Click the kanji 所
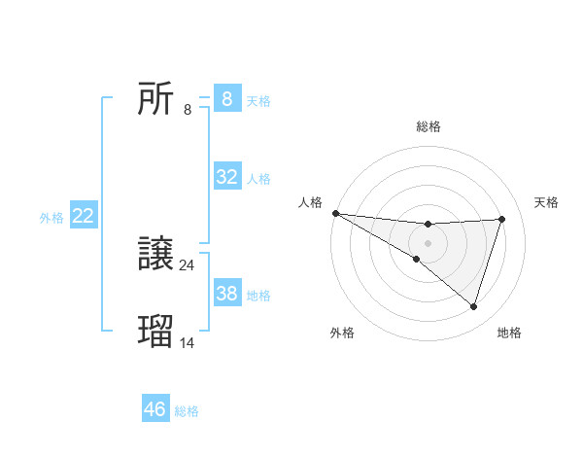(x=155, y=98)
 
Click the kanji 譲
(x=155, y=255)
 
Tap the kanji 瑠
(x=155, y=331)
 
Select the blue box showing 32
(x=227, y=177)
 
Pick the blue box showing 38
(x=227, y=294)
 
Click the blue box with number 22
(x=83, y=217)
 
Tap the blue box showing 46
(x=155, y=409)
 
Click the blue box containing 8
(x=227, y=99)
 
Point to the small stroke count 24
(x=188, y=264)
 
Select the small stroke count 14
(x=188, y=342)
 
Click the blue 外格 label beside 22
(x=51, y=218)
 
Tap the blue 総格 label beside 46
(x=187, y=411)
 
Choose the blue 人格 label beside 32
(x=258, y=179)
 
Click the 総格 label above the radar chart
(x=429, y=126)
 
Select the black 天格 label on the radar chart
(x=546, y=202)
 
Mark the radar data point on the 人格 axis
(x=335, y=212)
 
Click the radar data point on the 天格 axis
(x=502, y=219)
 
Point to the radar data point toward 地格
(x=473, y=306)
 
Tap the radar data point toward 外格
(x=416, y=259)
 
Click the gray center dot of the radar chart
(x=429, y=242)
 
